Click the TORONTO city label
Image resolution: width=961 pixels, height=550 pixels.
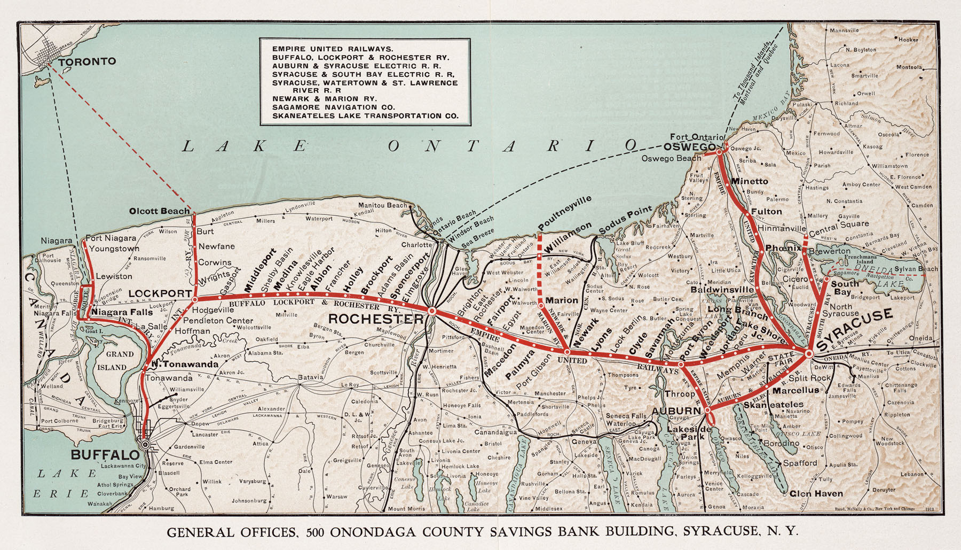(x=87, y=61)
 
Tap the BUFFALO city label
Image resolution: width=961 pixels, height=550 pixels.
(x=105, y=455)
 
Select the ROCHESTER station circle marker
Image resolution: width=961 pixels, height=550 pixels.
(x=432, y=311)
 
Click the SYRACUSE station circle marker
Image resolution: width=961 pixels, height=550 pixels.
(x=809, y=353)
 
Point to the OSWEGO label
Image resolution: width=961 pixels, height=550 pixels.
(x=690, y=147)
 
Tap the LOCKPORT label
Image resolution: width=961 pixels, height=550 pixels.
(x=160, y=293)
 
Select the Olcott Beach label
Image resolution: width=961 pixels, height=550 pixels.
(x=160, y=211)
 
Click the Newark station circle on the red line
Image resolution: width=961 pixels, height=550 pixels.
(x=567, y=352)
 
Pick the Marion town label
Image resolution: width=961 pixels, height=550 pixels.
(x=562, y=300)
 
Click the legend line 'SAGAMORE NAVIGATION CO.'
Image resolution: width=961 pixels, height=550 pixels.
(x=334, y=107)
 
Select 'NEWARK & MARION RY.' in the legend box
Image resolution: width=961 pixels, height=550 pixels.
(x=325, y=99)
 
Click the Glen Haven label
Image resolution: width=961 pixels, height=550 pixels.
(x=816, y=493)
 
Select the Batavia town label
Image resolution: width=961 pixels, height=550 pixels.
(x=311, y=377)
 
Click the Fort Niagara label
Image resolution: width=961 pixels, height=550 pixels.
(x=111, y=238)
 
